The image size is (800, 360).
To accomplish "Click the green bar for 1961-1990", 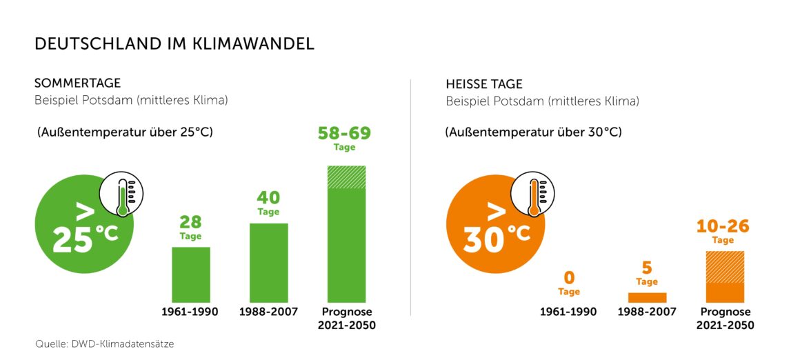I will [x=190, y=274].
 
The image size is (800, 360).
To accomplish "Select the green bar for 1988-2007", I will [x=268, y=262].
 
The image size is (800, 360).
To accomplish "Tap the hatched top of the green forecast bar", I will [x=346, y=177].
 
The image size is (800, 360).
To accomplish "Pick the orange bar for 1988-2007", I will [x=647, y=297].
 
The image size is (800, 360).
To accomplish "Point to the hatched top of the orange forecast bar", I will [x=725, y=266].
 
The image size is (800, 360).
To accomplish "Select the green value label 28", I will [x=190, y=222].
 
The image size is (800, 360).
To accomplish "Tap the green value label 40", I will [x=268, y=198].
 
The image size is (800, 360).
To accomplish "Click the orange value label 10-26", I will [x=723, y=226].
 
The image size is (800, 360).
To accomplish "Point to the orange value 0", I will [x=569, y=278].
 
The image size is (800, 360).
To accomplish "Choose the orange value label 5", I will [x=647, y=268].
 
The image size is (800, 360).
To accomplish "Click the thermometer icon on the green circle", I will [x=121, y=196].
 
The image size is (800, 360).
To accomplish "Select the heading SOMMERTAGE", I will [x=77, y=83].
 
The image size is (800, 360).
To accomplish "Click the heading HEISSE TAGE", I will [x=484, y=85].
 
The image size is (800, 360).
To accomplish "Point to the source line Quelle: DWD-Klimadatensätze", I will [x=104, y=343].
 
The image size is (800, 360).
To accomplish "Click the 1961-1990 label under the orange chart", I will [x=569, y=312].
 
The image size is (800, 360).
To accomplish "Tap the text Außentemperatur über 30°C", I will [x=533, y=131].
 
